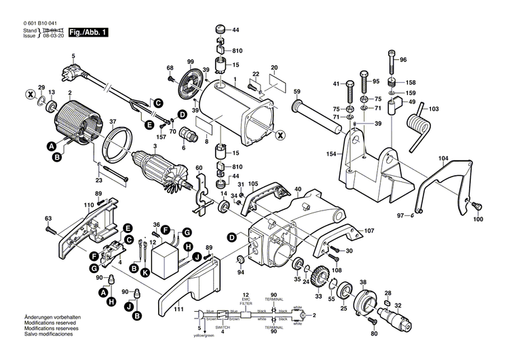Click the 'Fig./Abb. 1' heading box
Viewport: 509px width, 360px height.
[x=88, y=32]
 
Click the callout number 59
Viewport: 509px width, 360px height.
[x=297, y=91]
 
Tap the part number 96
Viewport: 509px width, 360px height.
[x=403, y=60]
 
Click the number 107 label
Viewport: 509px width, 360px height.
[x=369, y=230]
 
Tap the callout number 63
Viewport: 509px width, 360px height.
[x=48, y=218]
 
